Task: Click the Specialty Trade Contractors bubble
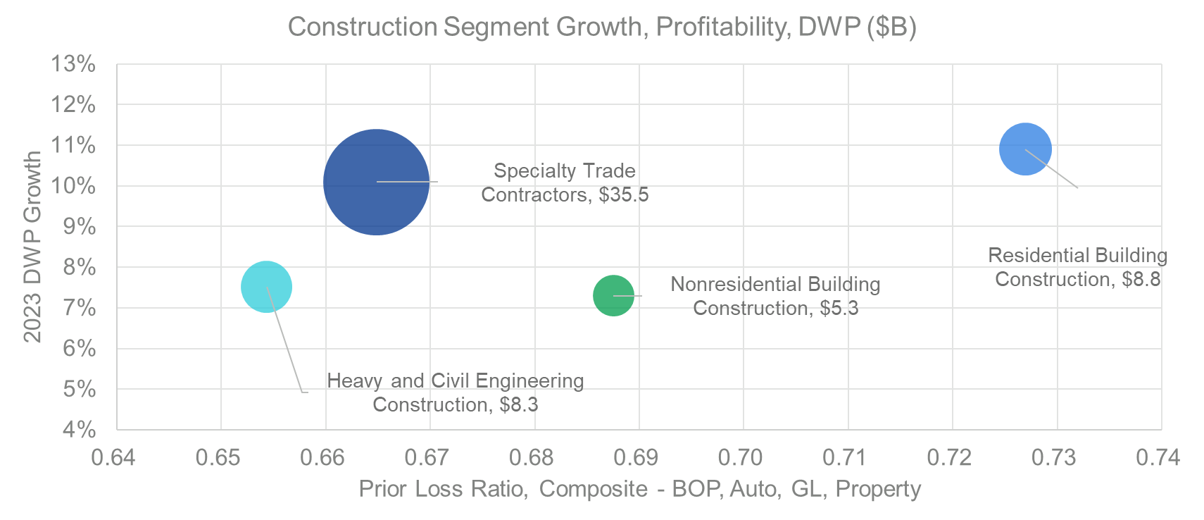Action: click(376, 182)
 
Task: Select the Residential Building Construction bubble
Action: click(1025, 149)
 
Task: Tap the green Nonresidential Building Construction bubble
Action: click(613, 296)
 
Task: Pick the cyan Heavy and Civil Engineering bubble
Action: click(266, 287)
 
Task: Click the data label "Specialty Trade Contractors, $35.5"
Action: click(565, 182)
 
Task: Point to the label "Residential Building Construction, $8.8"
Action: click(1077, 267)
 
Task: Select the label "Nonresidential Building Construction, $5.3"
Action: click(775, 296)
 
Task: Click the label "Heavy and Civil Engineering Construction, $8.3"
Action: click(456, 392)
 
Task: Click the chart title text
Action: click(602, 27)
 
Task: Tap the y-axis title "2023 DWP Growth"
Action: click(32, 247)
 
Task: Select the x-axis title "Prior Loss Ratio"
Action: click(639, 489)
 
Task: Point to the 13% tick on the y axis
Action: click(73, 64)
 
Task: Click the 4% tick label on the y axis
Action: click(77, 429)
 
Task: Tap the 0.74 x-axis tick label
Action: click(1158, 457)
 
